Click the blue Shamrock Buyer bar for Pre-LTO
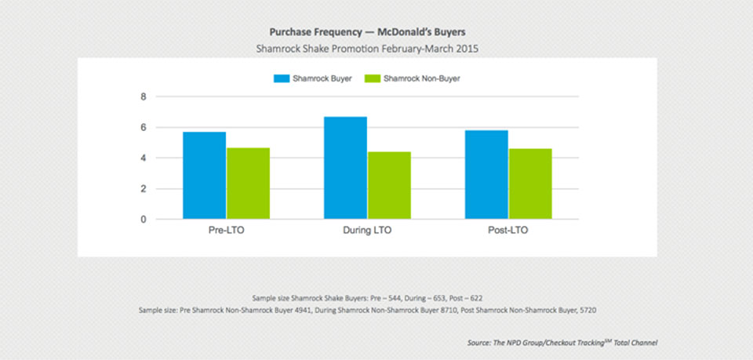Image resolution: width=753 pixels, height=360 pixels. coord(204,176)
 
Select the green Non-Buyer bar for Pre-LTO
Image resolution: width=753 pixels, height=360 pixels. coord(248,184)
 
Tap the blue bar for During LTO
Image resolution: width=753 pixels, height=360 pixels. coord(345,168)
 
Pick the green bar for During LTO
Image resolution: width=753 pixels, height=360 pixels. coord(389,186)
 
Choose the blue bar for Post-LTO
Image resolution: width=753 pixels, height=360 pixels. coord(486,175)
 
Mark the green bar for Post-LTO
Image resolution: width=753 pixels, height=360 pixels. coord(529,184)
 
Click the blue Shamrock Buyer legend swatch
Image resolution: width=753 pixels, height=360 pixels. coord(281,78)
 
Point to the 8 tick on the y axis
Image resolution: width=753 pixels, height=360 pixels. coord(144,96)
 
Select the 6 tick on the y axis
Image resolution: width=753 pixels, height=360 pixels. coord(144,127)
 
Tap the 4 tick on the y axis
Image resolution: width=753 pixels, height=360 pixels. coord(144,158)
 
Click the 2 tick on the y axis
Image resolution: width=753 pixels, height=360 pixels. coord(144,188)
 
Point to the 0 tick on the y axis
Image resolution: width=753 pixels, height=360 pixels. coord(144,220)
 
